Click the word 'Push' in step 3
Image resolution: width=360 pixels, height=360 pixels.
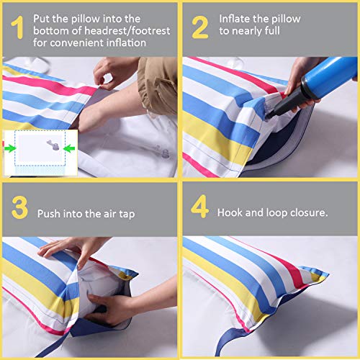(x=50, y=213)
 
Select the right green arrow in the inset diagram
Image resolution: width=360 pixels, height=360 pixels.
(x=68, y=149)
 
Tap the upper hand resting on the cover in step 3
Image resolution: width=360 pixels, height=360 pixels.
(x=72, y=249)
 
